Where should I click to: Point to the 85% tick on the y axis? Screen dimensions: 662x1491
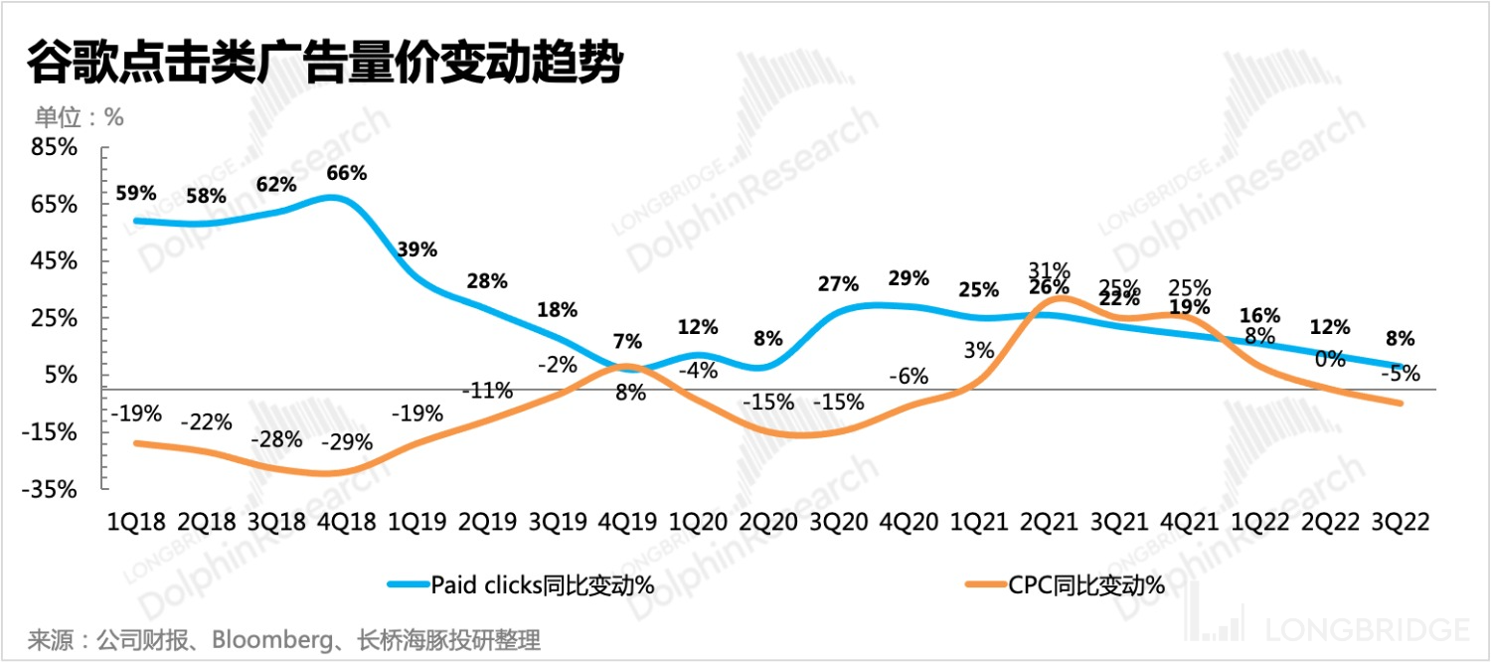click(55, 147)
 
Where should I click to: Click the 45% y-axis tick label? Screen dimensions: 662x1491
click(55, 261)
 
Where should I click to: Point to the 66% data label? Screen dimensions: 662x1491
click(347, 173)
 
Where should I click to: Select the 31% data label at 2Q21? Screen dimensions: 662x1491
click(1050, 269)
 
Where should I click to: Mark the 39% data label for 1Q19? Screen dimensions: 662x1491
click(416, 249)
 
